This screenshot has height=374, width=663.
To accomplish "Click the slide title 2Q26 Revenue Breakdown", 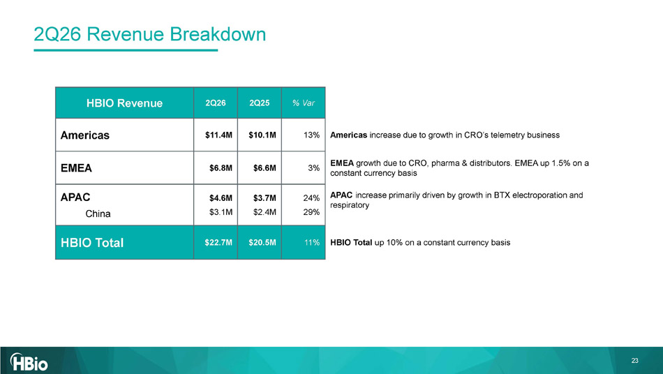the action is coord(149,34).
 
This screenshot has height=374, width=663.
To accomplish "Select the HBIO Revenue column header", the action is coord(124,103).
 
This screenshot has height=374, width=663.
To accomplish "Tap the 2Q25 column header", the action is coord(259,103).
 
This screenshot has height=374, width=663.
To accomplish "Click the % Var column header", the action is coord(304,103).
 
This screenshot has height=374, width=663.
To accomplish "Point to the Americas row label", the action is coord(85,135).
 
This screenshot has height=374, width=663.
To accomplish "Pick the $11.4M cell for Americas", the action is coord(218,135).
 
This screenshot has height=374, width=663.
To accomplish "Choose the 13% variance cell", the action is coord(312,135).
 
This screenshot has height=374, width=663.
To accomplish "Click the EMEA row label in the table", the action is coord(76,168).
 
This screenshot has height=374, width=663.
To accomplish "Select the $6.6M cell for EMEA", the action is coord(265,168).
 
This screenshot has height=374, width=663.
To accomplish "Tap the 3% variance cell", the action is coord(314,168).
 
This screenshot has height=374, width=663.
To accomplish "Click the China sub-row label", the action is coord(98,214).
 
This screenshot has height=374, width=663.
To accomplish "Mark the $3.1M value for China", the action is coord(221,212).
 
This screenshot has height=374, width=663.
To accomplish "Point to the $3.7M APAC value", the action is coord(265,197).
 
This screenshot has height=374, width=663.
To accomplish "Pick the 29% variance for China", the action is coord(312,212).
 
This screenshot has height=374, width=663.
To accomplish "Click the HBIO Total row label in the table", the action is coord(92,243).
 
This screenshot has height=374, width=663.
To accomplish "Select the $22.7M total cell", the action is coord(218,243).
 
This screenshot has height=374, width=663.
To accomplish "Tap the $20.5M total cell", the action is coord(262,243).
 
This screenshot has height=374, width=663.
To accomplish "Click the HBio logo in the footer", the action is coord(29,361).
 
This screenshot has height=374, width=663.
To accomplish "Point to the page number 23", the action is coord(634,361).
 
